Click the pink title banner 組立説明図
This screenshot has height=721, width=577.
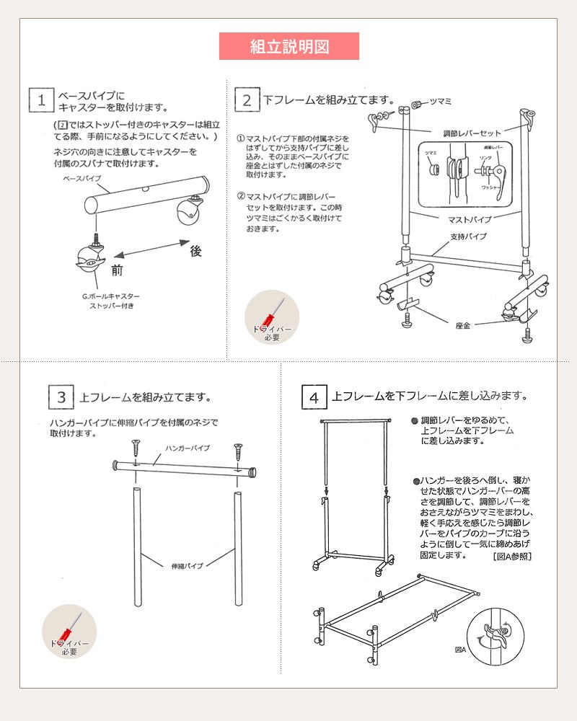click(288, 47)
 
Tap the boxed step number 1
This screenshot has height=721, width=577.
click(42, 100)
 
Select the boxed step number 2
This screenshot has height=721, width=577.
click(247, 100)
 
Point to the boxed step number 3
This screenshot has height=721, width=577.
click(62, 397)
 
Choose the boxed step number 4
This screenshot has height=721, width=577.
click(314, 397)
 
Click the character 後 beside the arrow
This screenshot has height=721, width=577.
click(195, 251)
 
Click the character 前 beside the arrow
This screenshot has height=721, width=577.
click(117, 270)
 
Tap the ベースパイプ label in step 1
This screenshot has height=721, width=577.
click(82, 177)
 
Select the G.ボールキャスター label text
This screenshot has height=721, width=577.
click(111, 296)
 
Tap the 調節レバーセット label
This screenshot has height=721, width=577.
click(472, 133)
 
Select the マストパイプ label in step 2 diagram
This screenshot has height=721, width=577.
click(469, 218)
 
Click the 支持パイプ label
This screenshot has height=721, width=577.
click(468, 236)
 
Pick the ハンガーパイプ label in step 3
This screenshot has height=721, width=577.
click(188, 448)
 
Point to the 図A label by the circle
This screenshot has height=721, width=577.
click(460, 650)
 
